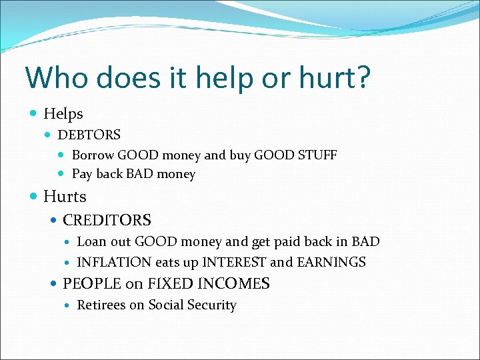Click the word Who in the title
pos(56,77)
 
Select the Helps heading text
pos(63,114)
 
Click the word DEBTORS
pos(89,135)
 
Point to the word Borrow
pos(93,155)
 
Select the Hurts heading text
pos(65,197)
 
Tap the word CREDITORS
pos(107,220)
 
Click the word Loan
pos(91,241)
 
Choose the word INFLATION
pos(114,262)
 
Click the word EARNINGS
pos(331,262)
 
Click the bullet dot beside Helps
pos(34,114)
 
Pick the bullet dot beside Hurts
pos(34,197)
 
